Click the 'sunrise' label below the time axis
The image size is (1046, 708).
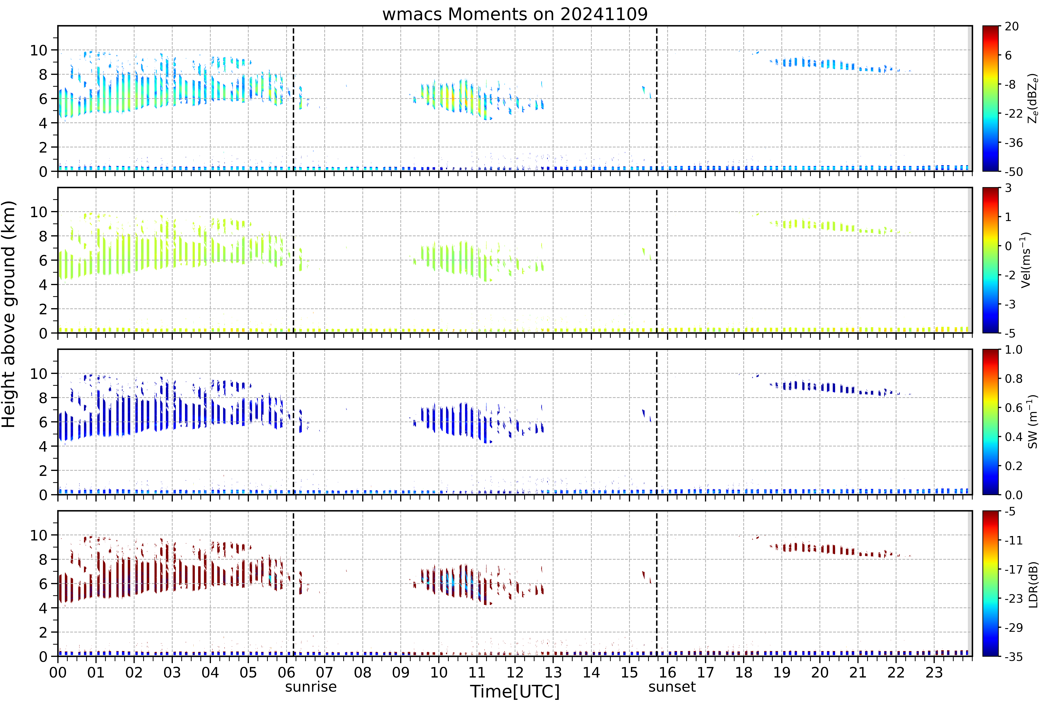pyautogui.click(x=311, y=687)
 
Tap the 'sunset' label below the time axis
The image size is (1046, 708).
pyautogui.click(x=672, y=687)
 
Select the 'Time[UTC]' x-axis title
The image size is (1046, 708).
pyautogui.click(x=515, y=691)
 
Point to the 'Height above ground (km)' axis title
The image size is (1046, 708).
pyautogui.click(x=9, y=314)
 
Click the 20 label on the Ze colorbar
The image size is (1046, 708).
pyautogui.click(x=1011, y=27)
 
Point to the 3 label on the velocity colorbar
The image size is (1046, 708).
pyautogui.click(x=1008, y=188)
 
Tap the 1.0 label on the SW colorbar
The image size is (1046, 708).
pyautogui.click(x=1014, y=350)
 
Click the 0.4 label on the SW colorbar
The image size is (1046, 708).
pyautogui.click(x=1014, y=437)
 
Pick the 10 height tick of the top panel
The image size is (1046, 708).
pyautogui.click(x=39, y=50)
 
